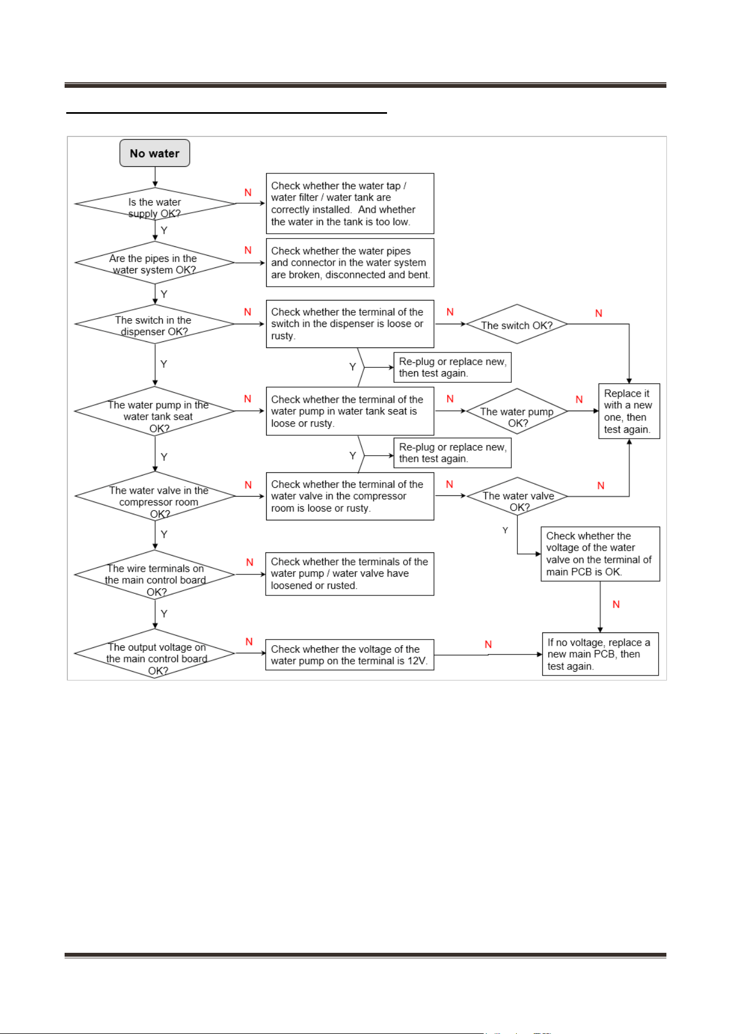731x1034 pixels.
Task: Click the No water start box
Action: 155,153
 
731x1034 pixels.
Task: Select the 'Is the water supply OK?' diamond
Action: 155,204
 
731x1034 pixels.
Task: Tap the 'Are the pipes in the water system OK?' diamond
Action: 155,263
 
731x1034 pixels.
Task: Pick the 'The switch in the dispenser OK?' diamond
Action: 155,324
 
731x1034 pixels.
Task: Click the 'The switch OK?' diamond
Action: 517,324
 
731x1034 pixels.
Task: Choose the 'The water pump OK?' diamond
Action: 517,412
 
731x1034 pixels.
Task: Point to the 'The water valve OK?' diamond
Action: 517,497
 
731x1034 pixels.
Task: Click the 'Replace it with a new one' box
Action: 629,411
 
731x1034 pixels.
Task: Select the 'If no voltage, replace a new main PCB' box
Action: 600,654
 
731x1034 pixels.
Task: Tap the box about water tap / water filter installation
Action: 350,203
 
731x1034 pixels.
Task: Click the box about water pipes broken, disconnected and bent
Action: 350,262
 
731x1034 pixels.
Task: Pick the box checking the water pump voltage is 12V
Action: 350,655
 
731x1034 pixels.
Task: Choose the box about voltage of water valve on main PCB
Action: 600,554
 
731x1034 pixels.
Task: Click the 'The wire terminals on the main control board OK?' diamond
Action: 155,575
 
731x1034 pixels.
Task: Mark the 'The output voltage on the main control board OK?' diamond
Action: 155,653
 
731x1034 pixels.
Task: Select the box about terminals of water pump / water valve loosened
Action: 350,574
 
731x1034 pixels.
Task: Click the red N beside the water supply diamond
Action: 248,192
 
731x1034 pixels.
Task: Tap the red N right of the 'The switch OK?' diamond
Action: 598,313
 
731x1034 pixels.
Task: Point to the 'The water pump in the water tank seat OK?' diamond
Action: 155,412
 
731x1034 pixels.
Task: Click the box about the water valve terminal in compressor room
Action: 350,496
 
